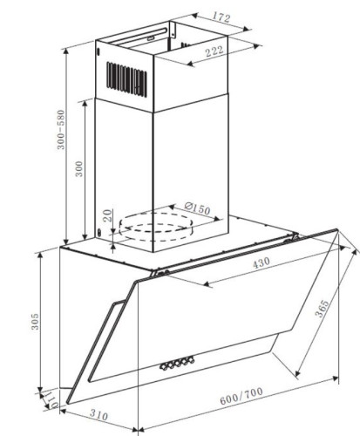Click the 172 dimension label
pos(221,17)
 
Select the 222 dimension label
pos(214,51)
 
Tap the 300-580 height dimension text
pos(61,130)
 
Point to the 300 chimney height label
pos(79,169)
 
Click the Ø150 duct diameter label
pos(197,208)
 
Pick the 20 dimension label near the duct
pos(108,215)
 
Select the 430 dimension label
pos(261,263)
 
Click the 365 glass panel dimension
pos(322,309)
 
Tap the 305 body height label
pos(35,321)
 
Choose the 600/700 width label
pos(241,396)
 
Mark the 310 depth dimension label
pos(98,414)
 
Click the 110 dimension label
pos(51,399)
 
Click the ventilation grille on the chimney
pos(126,79)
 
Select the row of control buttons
pos(177,364)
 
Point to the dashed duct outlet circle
pos(156,227)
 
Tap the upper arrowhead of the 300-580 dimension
pos(66,51)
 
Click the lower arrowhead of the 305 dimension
pos(41,388)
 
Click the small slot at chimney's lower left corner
pos(99,233)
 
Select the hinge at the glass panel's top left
pos(160,273)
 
